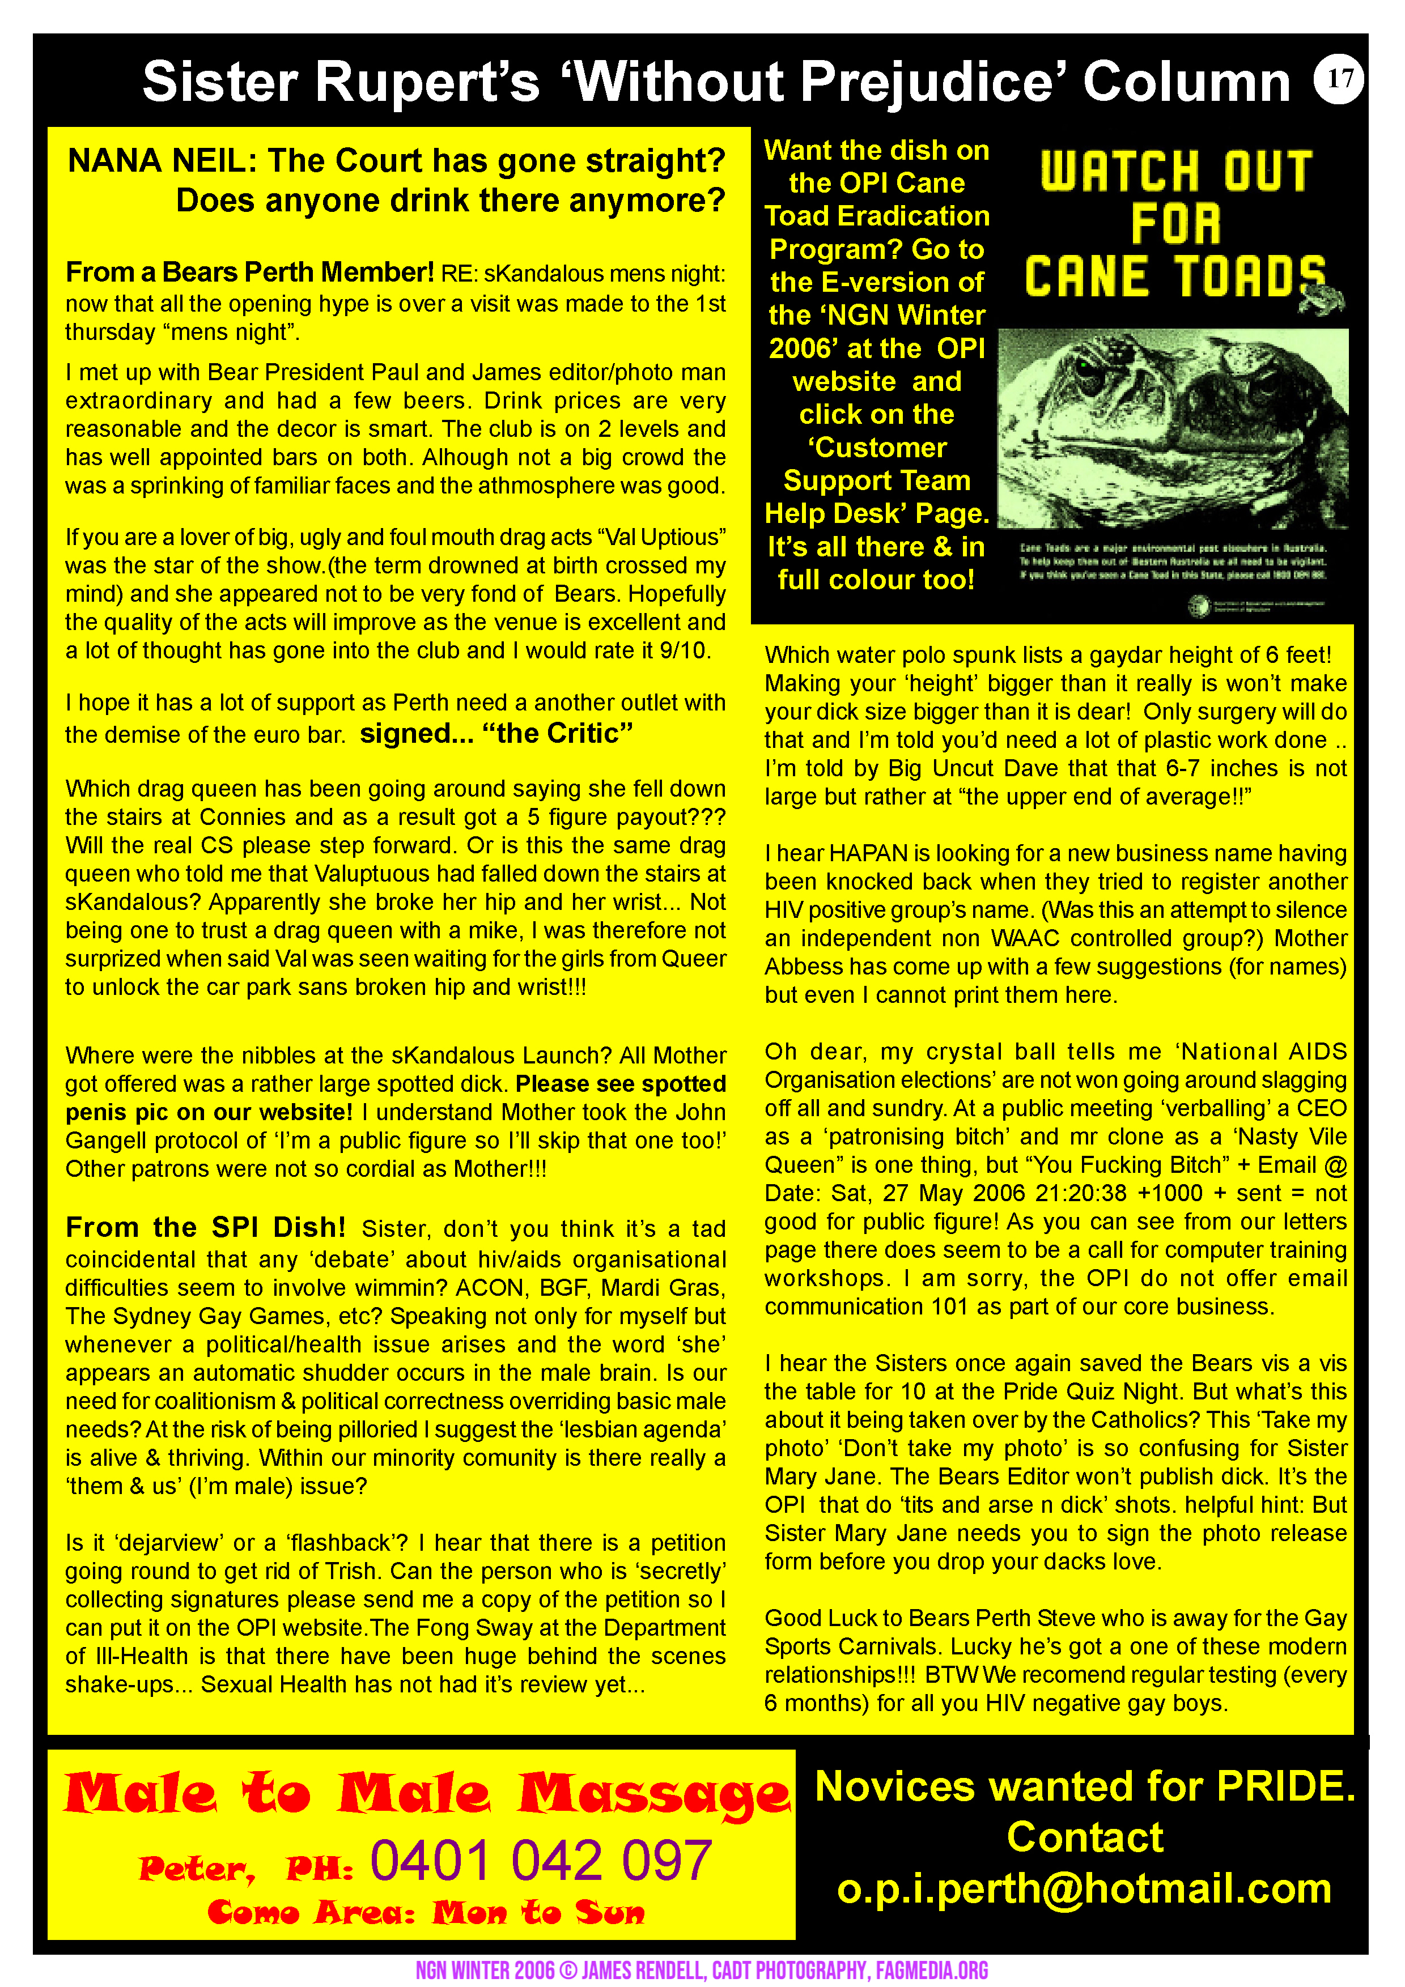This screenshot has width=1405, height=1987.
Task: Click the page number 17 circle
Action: tap(1338, 79)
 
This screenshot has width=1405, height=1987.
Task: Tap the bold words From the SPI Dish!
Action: tap(205, 1227)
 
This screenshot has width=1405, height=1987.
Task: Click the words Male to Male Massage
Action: tap(427, 1794)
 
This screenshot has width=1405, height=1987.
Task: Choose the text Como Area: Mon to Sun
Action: tap(426, 1912)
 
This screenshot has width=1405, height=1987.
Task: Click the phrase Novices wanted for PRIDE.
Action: tap(1085, 1786)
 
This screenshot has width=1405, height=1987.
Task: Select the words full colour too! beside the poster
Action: tap(876, 579)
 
